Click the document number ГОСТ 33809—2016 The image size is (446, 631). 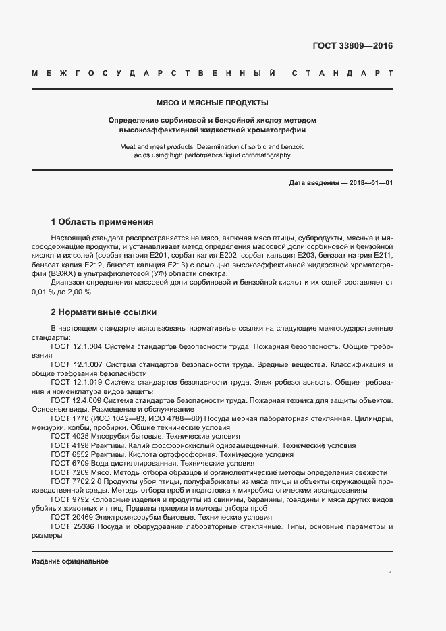pyautogui.click(x=352, y=47)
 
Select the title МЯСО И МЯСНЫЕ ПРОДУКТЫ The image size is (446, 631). pyautogui.click(x=212, y=103)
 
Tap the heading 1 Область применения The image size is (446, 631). pyautogui.click(x=103, y=222)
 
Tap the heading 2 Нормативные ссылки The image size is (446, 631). pyautogui.click(x=104, y=312)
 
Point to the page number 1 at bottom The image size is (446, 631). pyautogui.click(x=390, y=573)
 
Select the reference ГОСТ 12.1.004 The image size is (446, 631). pyautogui.click(x=76, y=346)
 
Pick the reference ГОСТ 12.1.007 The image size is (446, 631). pyautogui.click(x=76, y=364)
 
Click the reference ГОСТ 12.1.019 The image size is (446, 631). pyautogui.click(x=76, y=383)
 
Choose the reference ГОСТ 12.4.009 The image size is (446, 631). pyautogui.click(x=76, y=401)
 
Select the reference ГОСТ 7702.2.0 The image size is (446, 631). pyautogui.click(x=76, y=483)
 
